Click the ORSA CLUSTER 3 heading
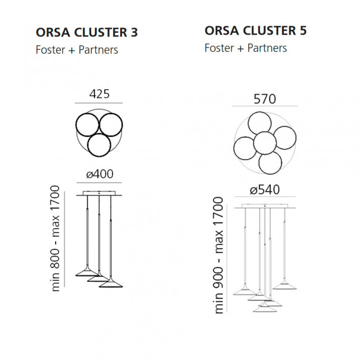coord(87,32)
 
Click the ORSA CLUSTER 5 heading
coord(256,30)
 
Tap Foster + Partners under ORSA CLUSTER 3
coord(77,50)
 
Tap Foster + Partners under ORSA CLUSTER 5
coord(246,48)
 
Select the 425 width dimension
coord(99,94)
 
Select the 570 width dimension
coord(265,99)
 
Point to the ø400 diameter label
coord(100,174)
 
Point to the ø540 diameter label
coord(265,189)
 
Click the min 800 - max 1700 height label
coord(55,238)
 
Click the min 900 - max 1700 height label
coord(218,255)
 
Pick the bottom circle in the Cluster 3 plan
coord(99,145)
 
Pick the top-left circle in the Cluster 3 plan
coord(87,125)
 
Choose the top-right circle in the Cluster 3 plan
coord(111,125)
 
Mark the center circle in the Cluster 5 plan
coord(265,143)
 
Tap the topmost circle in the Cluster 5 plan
coord(259,123)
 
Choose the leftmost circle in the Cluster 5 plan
coord(245,148)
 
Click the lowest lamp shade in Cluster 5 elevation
coord(265,308)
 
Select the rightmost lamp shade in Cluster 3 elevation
coord(111,283)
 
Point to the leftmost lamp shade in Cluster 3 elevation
coord(87,272)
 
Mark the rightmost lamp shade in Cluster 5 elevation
coord(284,285)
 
